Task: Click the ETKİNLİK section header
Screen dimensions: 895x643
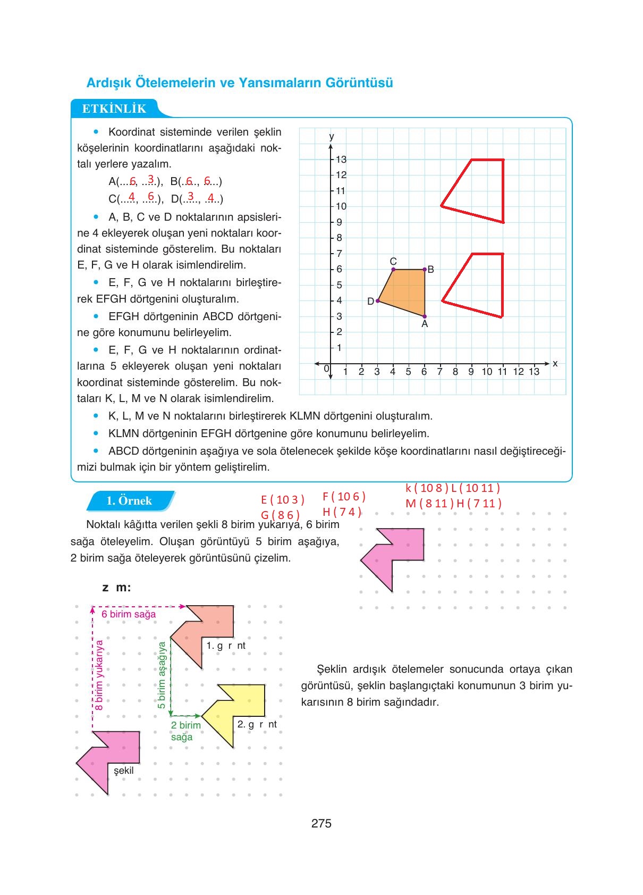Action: pos(114,109)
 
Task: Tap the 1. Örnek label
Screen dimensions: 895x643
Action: pos(129,501)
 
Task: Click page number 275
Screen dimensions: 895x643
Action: pos(321,824)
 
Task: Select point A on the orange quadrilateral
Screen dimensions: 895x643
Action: pos(424,316)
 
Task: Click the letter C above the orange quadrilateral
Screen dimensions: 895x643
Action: pos(393,261)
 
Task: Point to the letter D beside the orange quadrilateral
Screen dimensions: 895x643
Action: pos(370,302)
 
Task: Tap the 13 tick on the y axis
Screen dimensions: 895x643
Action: pos(341,160)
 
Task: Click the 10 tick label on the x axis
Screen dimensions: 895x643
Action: pos(487,372)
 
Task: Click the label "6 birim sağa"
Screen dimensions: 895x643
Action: pos(129,614)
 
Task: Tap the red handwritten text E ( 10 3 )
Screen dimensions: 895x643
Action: pos(283,500)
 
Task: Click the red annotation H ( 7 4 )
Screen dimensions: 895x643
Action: pos(342,512)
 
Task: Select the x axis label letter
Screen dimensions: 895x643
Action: pos(555,363)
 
